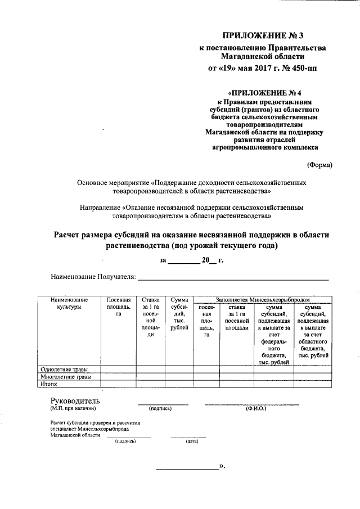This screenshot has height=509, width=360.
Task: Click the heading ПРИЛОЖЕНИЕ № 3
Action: click(263, 36)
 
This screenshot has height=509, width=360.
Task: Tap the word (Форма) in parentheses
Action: click(319, 165)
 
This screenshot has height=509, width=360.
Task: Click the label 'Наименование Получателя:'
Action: click(93, 277)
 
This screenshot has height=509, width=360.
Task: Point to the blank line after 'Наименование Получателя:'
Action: click(233, 278)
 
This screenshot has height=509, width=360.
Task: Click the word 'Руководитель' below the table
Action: click(75, 400)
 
